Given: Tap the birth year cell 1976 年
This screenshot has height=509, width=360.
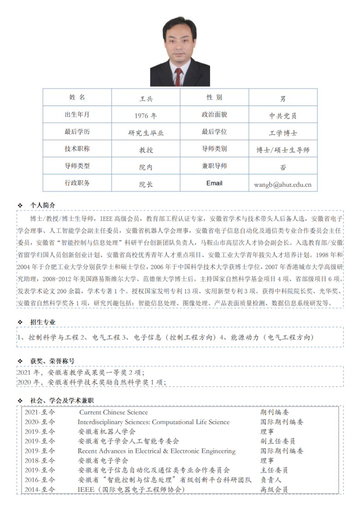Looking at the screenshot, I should coord(146,116).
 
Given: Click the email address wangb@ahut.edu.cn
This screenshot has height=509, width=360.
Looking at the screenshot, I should coord(283,184).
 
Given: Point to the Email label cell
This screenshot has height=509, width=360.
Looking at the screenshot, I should coord(214,183).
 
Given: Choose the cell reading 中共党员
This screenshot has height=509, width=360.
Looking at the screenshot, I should coord(283,116).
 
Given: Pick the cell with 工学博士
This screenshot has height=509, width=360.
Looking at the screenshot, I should coord(283,133).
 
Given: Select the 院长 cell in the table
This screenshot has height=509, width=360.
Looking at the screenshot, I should coord(146,184).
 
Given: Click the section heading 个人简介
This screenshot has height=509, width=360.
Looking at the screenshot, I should coord(43,205).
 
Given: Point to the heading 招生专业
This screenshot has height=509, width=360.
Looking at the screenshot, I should coord(43,322).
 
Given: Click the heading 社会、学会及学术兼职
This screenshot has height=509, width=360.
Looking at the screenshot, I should coord(62,400).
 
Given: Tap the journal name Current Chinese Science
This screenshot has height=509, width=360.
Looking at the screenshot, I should coord(113,412).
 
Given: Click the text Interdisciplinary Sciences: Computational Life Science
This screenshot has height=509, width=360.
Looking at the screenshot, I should coord(154,422).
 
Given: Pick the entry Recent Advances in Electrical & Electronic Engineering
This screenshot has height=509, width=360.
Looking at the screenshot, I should coord(156,451).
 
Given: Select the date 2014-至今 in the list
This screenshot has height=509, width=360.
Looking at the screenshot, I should coord(40,489).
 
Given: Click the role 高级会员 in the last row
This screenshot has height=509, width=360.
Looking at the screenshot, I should coord(274,489).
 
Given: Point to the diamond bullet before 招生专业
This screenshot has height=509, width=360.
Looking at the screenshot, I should coord(20,322).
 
